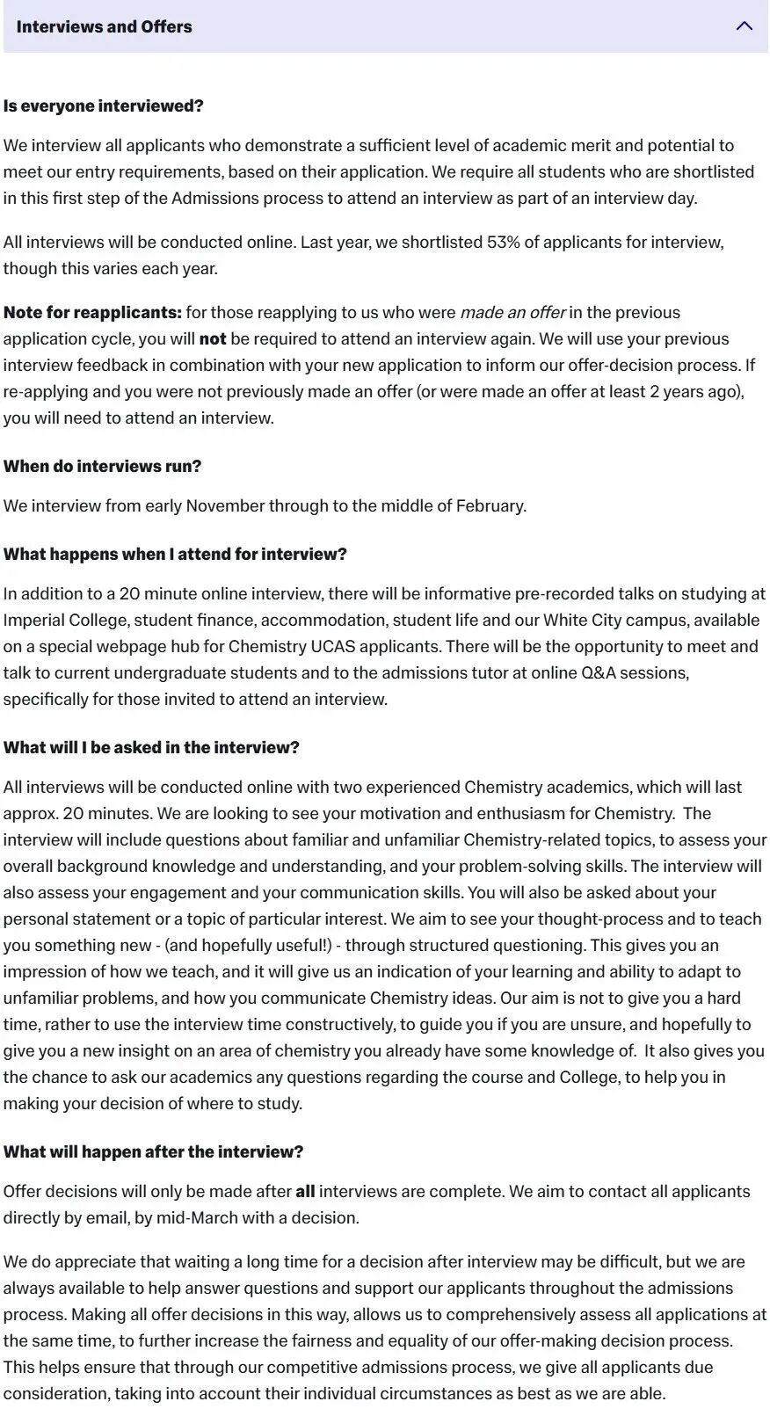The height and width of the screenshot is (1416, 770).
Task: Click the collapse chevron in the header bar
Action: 744,26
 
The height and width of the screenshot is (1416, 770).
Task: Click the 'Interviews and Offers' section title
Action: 104,26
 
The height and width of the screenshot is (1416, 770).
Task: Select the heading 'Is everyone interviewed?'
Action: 103,105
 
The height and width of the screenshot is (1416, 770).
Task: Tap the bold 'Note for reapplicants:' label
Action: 92,312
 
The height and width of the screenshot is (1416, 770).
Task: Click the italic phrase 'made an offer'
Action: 512,312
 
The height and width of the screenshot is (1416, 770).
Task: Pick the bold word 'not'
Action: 213,338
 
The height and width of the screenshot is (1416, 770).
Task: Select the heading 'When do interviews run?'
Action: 102,466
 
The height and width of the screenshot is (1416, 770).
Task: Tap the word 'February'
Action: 490,505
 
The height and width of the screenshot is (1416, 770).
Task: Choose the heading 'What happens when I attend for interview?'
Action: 175,554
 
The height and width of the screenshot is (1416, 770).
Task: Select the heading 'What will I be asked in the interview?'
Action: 151,747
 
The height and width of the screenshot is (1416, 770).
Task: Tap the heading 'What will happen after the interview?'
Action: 153,1151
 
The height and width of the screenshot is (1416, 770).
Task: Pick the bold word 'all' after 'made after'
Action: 305,1191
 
